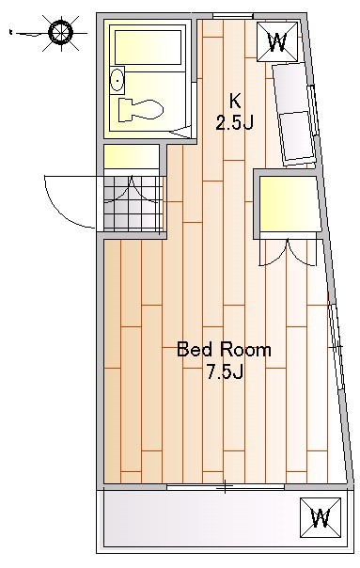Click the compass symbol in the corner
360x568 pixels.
(60, 33)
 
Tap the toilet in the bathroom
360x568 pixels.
(141, 109)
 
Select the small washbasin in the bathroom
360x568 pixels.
(117, 80)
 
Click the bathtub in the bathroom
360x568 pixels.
(148, 47)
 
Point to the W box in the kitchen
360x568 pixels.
(277, 41)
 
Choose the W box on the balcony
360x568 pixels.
(321, 517)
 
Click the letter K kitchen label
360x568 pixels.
(235, 101)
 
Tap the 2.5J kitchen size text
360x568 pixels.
(234, 122)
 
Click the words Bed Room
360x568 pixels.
(224, 350)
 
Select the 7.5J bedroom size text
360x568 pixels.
(225, 371)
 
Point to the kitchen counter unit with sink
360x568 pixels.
(294, 114)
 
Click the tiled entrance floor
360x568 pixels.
(133, 203)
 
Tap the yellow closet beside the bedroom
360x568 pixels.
(290, 204)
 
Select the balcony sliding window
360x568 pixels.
(226, 486)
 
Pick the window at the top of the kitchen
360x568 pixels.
(232, 16)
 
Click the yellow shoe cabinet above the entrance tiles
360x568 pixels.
(132, 156)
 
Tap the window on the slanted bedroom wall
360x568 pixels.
(337, 347)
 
